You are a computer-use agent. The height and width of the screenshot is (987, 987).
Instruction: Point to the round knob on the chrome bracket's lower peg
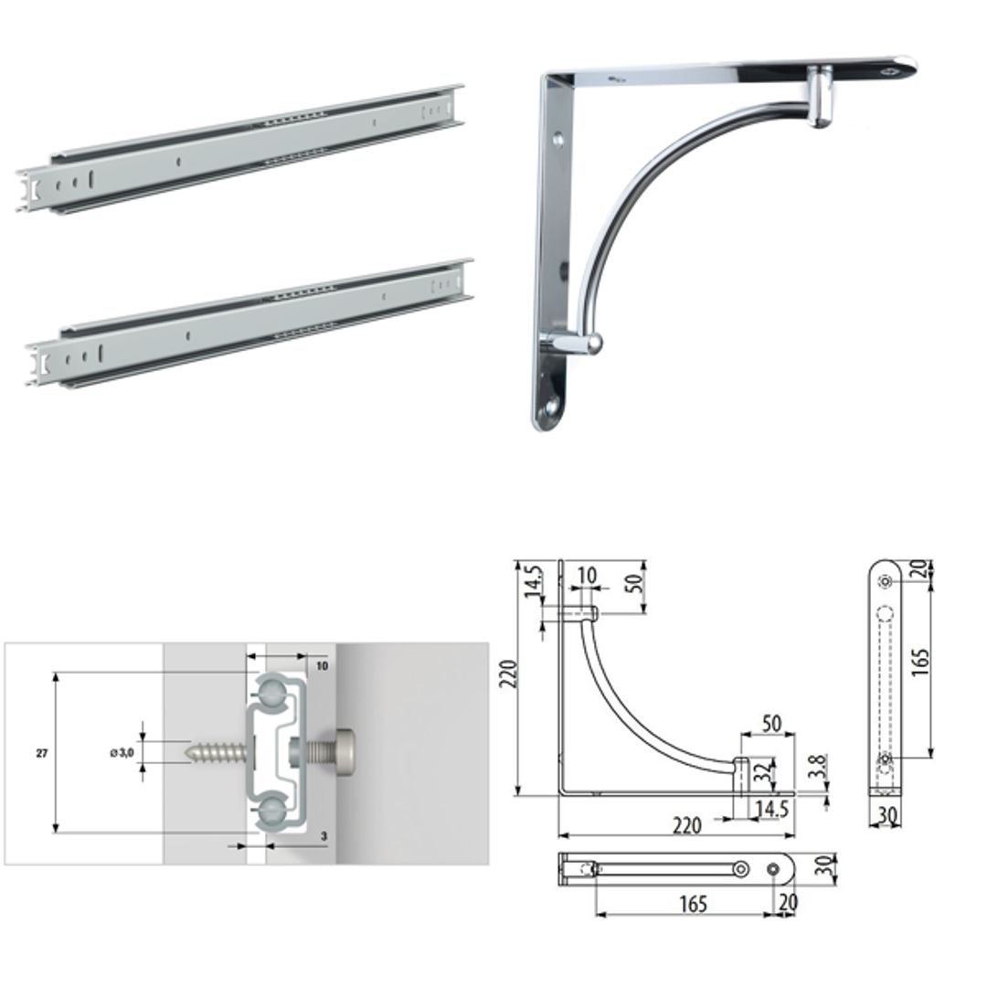pyautogui.click(x=592, y=344)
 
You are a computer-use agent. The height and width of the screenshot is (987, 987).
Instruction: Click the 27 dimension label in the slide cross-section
pyautogui.click(x=42, y=753)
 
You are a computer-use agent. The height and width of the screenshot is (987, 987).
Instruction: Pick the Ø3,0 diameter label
pyautogui.click(x=122, y=752)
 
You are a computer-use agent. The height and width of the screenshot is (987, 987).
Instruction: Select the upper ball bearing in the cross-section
pyautogui.click(x=271, y=692)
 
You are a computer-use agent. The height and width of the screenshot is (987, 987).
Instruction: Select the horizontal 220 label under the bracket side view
pyautogui.click(x=687, y=826)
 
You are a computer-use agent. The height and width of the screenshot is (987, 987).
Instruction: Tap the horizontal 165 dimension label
pyautogui.click(x=694, y=904)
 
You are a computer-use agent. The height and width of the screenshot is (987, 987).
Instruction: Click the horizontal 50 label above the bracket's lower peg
pyautogui.click(x=771, y=724)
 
